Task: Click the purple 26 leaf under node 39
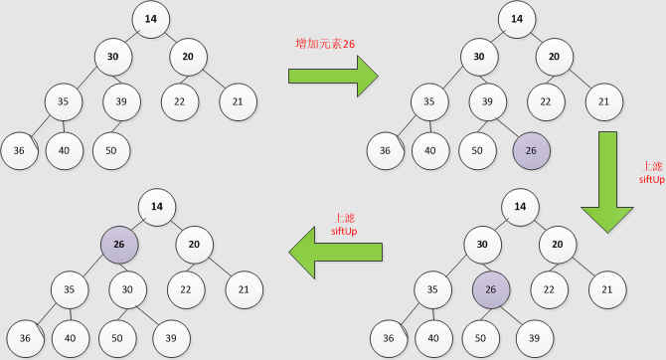(x=532, y=150)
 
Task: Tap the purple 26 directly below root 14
(x=119, y=244)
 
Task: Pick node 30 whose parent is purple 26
(x=128, y=290)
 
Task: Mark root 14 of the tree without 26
(x=150, y=19)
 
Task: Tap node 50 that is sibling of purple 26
(x=478, y=150)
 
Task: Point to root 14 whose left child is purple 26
(x=156, y=207)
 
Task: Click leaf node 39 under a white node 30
(x=171, y=339)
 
